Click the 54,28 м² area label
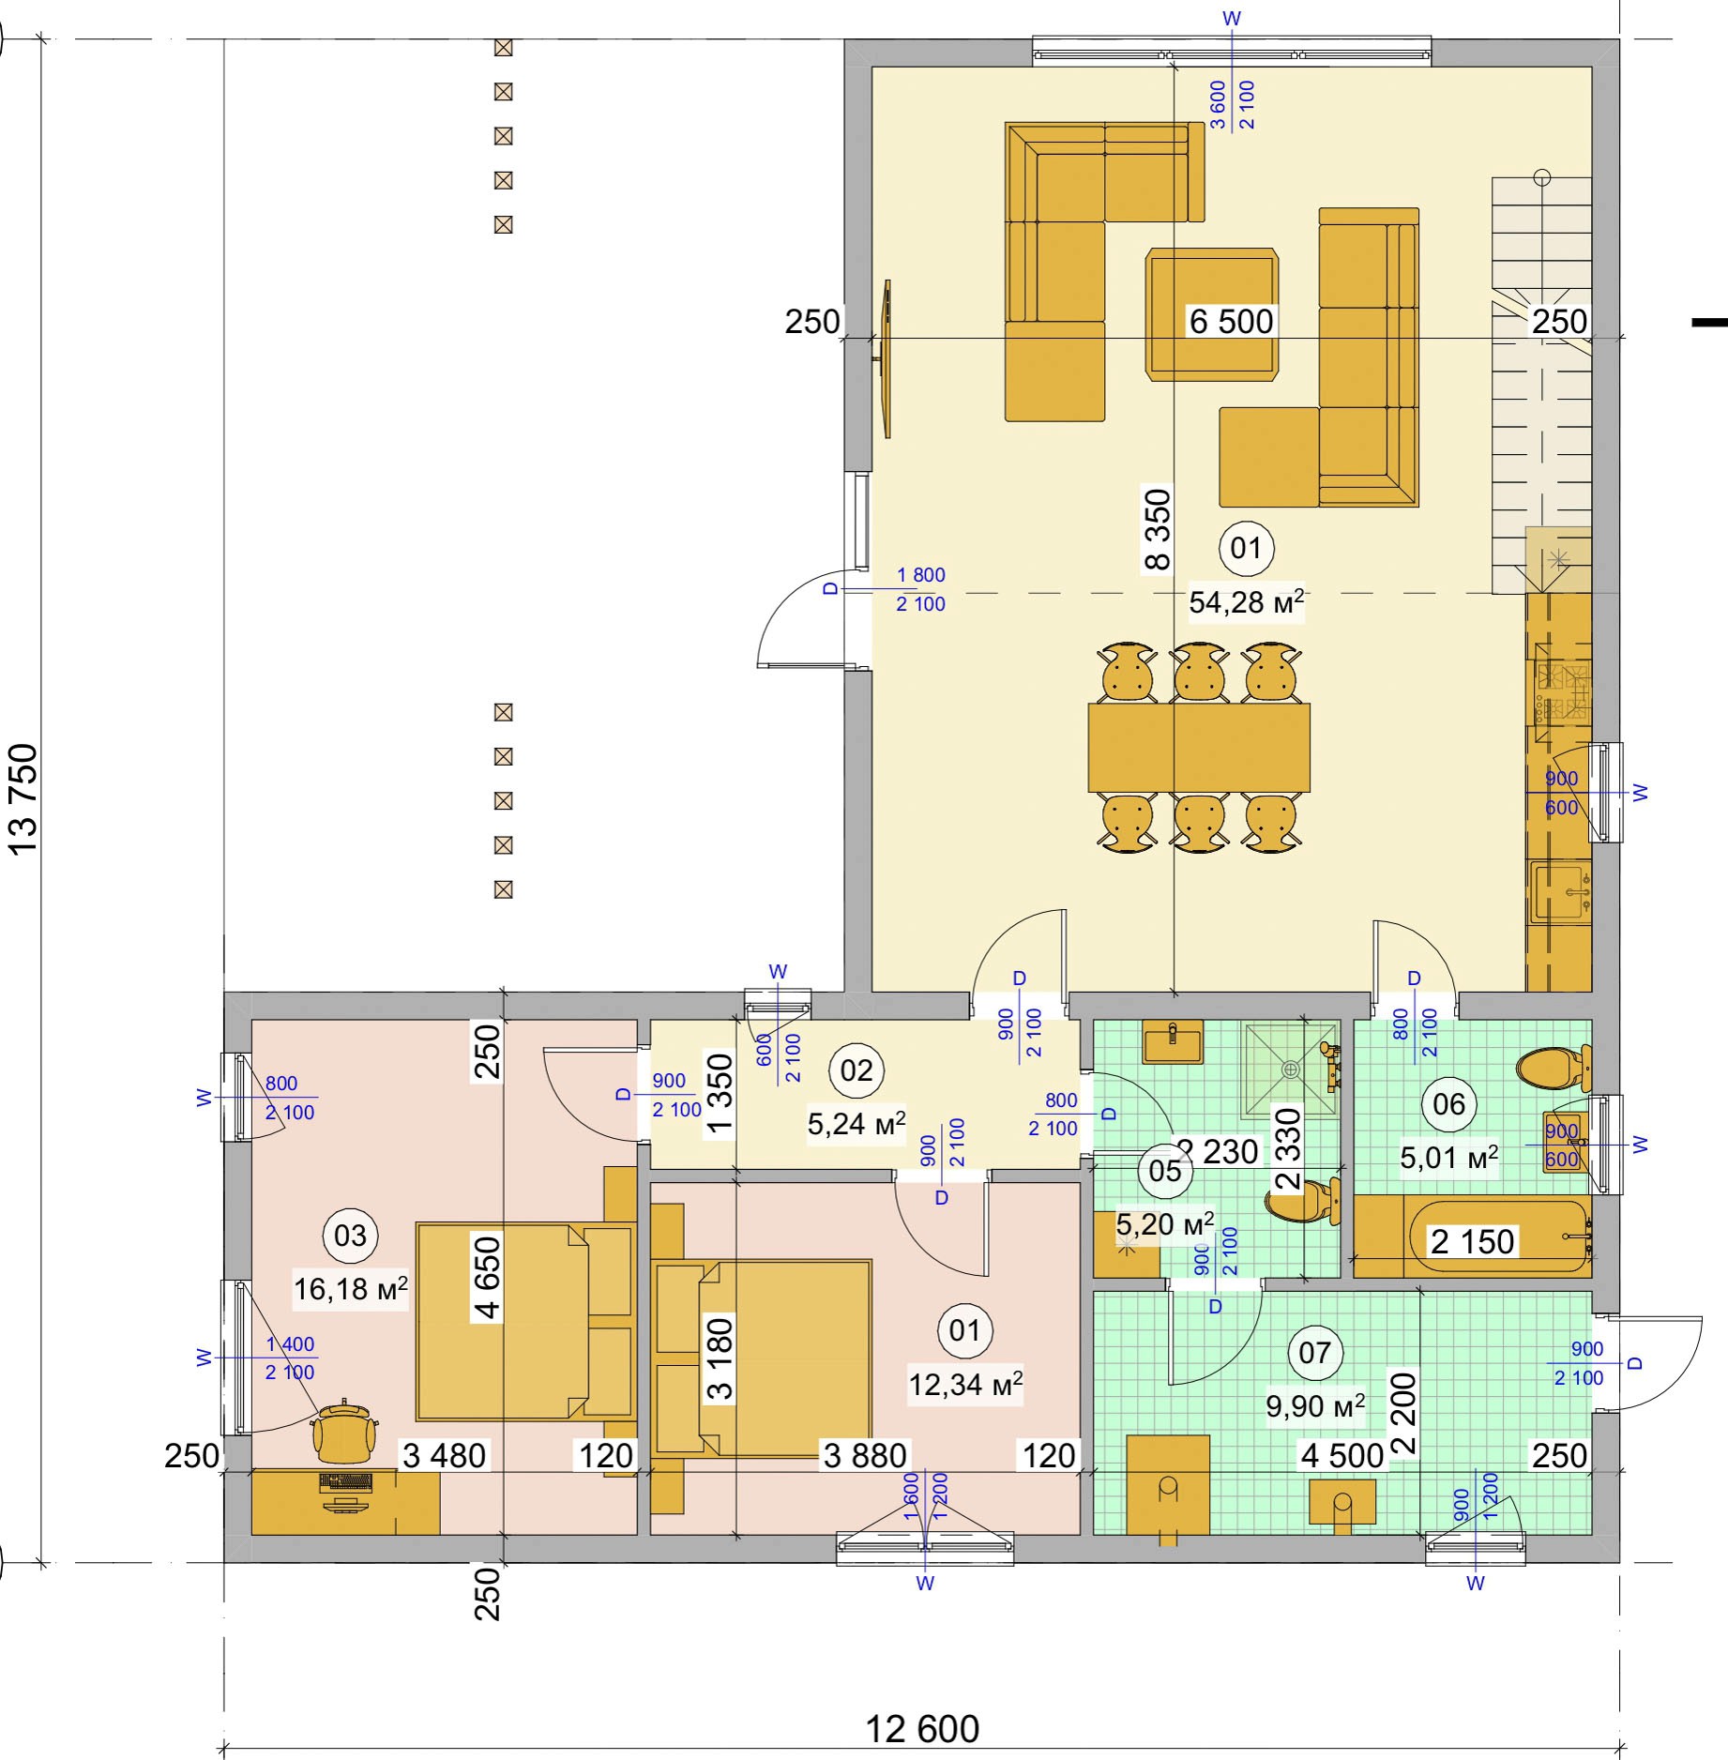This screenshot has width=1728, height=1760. click(x=1247, y=601)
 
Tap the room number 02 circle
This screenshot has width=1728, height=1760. click(x=856, y=1070)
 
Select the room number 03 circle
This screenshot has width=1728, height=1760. click(x=351, y=1236)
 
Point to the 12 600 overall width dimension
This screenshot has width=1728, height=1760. click(x=922, y=1728)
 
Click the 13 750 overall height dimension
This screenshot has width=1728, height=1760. click(x=23, y=798)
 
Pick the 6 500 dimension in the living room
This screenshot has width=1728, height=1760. click(x=1232, y=322)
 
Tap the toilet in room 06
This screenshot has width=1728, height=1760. click(x=1553, y=1067)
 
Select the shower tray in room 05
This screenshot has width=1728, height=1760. click(x=1291, y=1070)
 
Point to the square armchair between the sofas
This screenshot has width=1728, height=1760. click(x=1211, y=314)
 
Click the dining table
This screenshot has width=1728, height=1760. click(x=1199, y=748)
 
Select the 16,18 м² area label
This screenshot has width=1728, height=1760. click(x=351, y=1289)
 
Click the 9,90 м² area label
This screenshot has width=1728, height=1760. click(x=1315, y=1405)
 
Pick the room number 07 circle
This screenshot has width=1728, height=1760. click(x=1315, y=1352)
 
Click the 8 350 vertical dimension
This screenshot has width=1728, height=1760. click(x=1158, y=529)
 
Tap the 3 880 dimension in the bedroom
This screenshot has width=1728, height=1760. click(x=865, y=1455)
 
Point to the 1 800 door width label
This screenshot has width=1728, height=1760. click(x=921, y=575)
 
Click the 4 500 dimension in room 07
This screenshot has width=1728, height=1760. click(x=1342, y=1455)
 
